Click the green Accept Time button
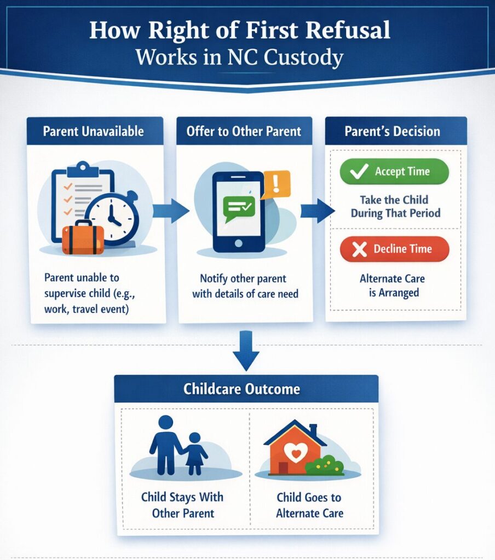[x=394, y=172]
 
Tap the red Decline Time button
[x=394, y=249]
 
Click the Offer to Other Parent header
[x=244, y=132]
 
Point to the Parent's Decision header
[x=392, y=131]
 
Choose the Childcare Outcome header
[x=246, y=389]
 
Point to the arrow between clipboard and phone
[x=170, y=210]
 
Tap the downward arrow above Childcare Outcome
[x=246, y=355]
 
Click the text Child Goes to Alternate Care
[x=309, y=505]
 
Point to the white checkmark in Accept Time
[x=359, y=172]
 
